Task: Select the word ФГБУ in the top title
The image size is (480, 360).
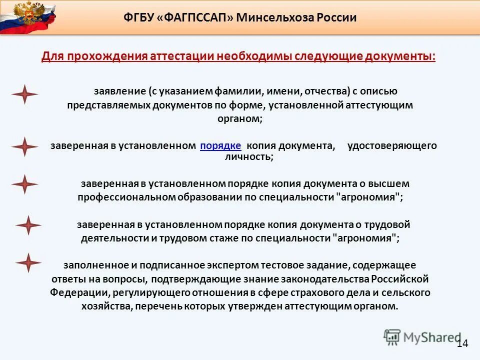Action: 137,18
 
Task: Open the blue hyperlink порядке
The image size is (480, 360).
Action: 220,145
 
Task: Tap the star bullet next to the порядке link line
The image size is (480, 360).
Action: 24,146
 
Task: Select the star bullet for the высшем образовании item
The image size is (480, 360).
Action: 24,184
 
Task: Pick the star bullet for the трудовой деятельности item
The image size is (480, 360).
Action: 28,225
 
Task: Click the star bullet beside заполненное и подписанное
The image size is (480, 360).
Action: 28,263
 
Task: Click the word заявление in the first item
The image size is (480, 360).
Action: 119,91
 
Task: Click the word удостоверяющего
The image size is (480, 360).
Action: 392,145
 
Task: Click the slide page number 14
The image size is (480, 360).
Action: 462,343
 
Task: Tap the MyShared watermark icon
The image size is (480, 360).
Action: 392,336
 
